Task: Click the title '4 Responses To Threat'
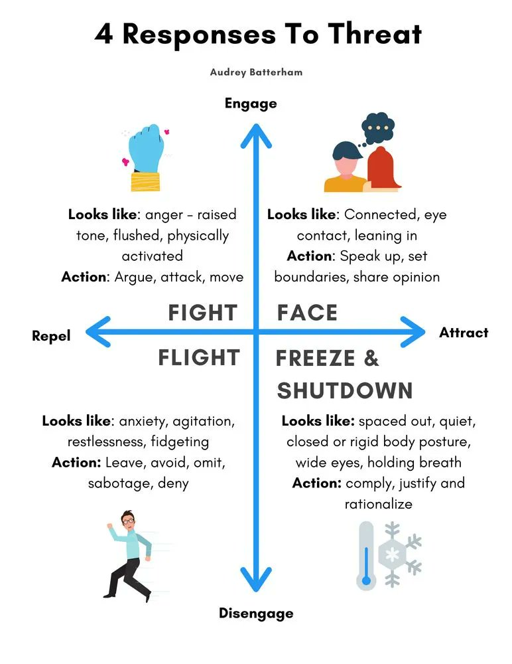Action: point(258,34)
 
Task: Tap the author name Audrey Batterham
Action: point(256,72)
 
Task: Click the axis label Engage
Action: point(251,104)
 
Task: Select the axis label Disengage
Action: point(256,614)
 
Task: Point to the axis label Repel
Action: point(51,337)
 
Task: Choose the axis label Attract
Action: point(464,333)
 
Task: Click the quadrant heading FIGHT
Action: point(202,313)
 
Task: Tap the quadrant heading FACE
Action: point(307,313)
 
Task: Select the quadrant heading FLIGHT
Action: point(198,358)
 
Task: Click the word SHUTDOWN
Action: point(345,390)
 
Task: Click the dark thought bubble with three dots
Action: point(378,130)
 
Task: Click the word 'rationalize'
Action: point(378,504)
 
